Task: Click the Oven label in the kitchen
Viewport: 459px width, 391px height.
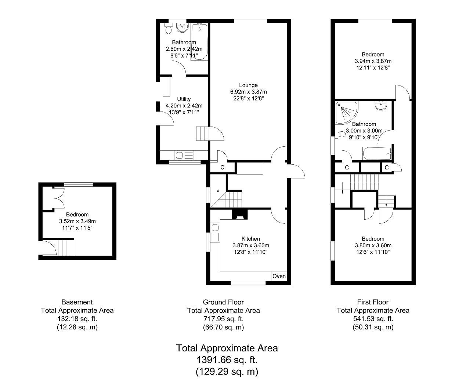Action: tap(279, 276)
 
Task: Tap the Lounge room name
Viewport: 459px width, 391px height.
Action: tap(248, 85)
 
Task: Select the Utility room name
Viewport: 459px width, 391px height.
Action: tap(184, 99)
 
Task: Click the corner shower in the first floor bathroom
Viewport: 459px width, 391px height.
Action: tap(346, 113)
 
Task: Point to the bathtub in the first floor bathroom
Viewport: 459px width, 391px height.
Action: tap(377, 153)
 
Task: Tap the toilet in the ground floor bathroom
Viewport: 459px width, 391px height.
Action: tap(168, 29)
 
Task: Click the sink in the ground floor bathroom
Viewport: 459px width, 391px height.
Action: tap(182, 28)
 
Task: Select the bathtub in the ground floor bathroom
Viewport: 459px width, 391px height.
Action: tap(199, 42)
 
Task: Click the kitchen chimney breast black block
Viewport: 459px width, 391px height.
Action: tap(240, 215)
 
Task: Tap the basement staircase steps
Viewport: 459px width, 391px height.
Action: tap(66, 248)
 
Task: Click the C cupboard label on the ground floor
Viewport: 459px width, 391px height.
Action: tap(222, 168)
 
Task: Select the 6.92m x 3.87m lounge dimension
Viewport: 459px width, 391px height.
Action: tap(249, 92)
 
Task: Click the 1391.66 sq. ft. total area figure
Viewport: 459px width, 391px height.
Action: tap(227, 360)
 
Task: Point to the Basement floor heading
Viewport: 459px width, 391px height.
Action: tap(77, 302)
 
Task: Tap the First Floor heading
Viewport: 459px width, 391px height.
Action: tap(373, 302)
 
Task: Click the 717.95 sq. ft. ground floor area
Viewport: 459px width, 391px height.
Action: tap(223, 319)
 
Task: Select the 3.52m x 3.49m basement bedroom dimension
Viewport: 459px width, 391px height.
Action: tap(77, 221)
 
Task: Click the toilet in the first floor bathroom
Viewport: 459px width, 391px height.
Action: tap(340, 134)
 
